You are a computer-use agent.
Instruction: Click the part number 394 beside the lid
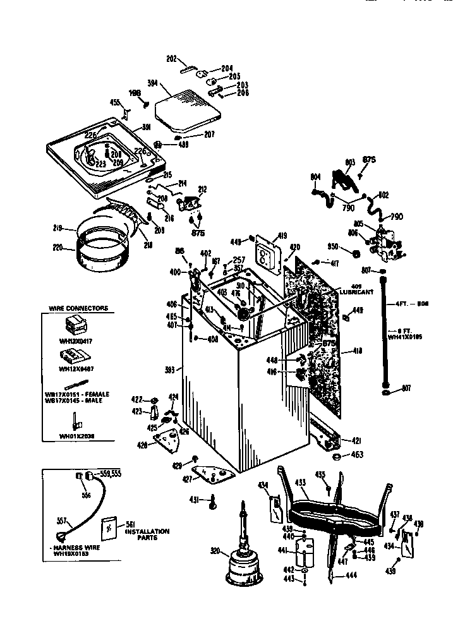pyautogui.click(x=152, y=83)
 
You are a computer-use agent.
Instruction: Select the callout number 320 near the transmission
pyautogui.click(x=215, y=552)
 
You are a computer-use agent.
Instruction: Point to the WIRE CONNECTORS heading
pyautogui.click(x=78, y=308)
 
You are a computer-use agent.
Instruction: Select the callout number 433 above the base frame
pyautogui.click(x=301, y=482)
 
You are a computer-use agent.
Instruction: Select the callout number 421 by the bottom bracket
pyautogui.click(x=356, y=440)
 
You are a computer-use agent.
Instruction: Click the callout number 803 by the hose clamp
pyautogui.click(x=350, y=163)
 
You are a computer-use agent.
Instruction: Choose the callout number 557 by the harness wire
pyautogui.click(x=62, y=521)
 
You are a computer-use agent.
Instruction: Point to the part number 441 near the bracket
pyautogui.click(x=283, y=550)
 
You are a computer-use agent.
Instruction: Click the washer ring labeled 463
pyautogui.click(x=337, y=456)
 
